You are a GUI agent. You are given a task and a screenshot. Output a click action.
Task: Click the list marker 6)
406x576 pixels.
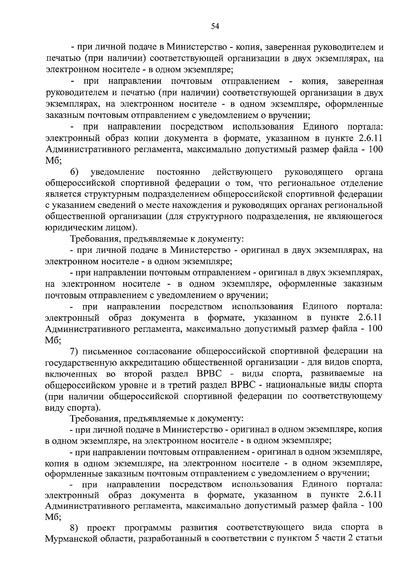pyautogui.click(x=75, y=172)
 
